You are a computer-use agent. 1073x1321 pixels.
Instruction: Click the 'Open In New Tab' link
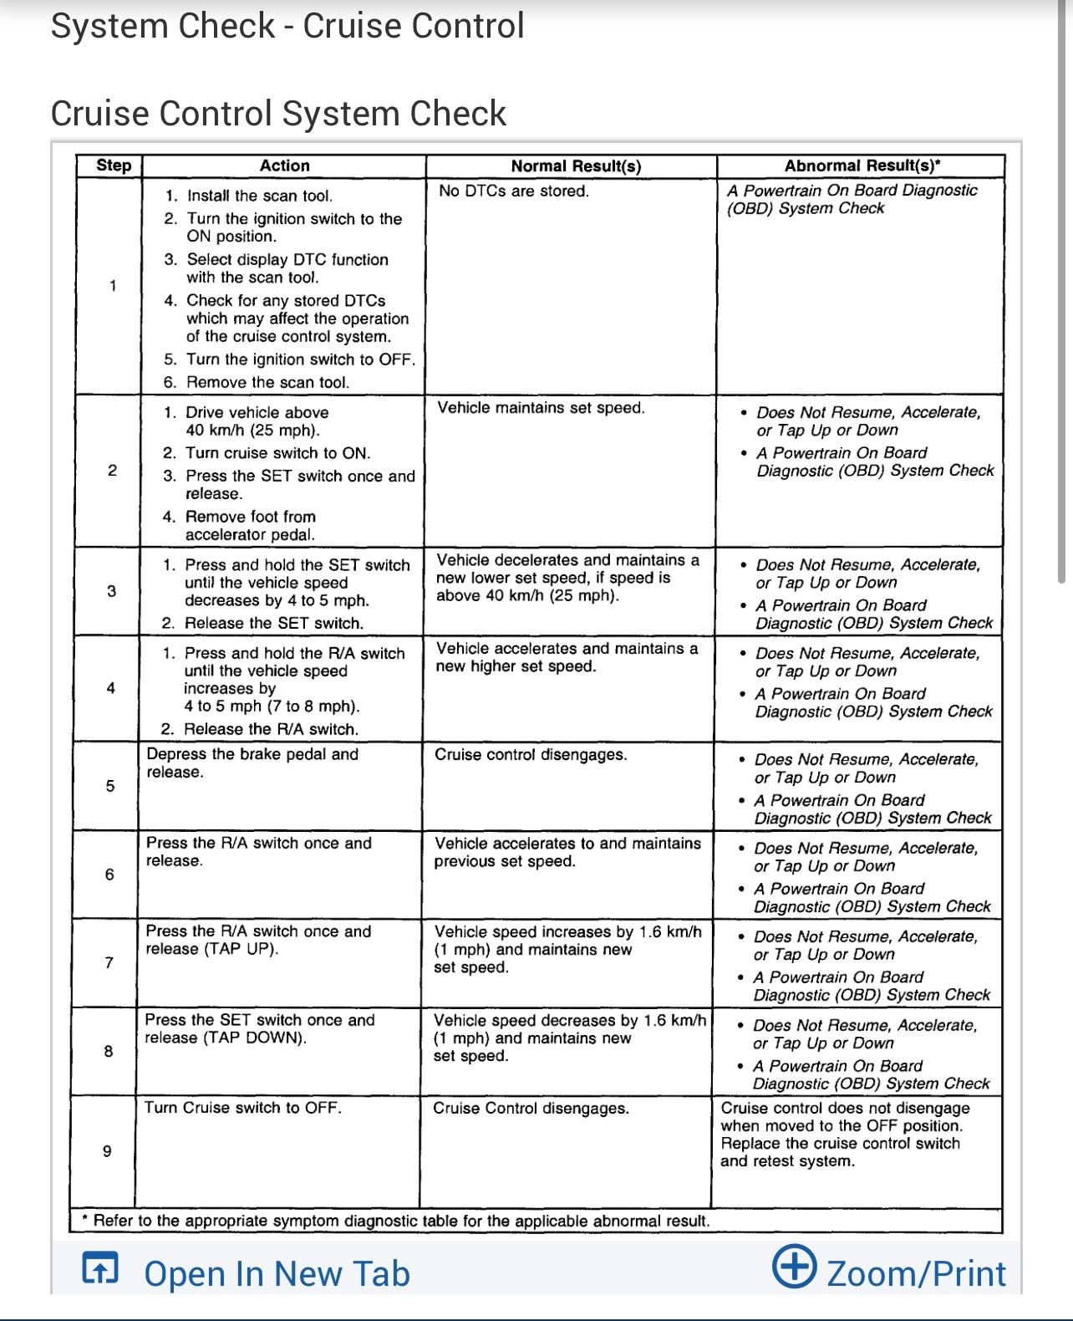tap(277, 1273)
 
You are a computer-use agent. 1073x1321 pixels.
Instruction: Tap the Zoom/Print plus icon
tap(793, 1266)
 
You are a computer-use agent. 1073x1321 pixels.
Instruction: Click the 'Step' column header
tap(114, 166)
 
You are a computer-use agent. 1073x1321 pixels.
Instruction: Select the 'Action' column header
tap(284, 166)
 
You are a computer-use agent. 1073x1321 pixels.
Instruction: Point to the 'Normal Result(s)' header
tap(576, 166)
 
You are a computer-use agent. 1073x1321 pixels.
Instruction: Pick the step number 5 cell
tap(109, 786)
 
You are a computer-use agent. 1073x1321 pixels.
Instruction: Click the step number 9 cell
tap(107, 1151)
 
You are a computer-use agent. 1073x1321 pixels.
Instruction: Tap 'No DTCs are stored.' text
tap(514, 191)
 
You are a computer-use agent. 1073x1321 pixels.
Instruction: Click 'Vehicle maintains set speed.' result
tap(541, 408)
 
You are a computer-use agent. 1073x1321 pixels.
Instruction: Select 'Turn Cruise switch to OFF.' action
tap(243, 1108)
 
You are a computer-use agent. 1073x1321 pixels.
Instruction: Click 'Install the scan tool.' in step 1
tap(259, 196)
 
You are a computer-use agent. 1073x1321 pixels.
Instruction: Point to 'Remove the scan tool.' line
tap(267, 382)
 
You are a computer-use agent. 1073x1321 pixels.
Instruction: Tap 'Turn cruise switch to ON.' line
tap(277, 453)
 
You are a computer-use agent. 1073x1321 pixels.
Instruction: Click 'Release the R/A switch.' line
tap(271, 729)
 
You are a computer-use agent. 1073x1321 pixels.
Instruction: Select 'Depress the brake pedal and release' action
tap(252, 763)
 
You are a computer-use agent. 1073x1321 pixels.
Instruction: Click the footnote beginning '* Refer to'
tap(396, 1221)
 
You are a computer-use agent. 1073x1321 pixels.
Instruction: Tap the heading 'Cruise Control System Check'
tap(278, 114)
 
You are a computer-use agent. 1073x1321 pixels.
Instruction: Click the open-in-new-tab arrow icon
tap(100, 1268)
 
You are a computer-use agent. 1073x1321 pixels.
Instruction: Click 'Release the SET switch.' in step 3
tap(273, 623)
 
